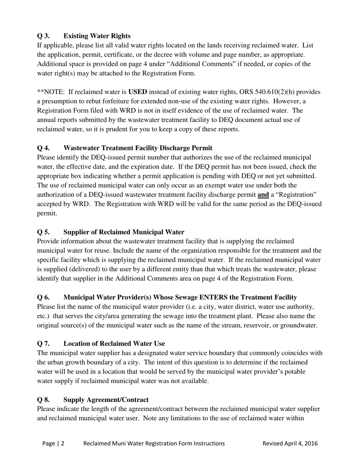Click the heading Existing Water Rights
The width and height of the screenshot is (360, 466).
click(x=97, y=36)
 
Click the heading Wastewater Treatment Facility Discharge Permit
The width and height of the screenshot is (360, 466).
click(x=138, y=148)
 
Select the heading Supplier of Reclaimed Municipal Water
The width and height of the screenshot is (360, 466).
click(x=124, y=232)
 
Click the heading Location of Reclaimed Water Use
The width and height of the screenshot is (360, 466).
click(x=114, y=344)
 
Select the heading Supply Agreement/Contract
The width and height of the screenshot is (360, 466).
click(x=106, y=400)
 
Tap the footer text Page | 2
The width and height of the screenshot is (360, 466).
click(x=53, y=443)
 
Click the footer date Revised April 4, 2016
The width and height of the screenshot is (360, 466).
click(x=290, y=443)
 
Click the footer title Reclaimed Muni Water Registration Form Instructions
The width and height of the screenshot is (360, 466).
click(x=154, y=443)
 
